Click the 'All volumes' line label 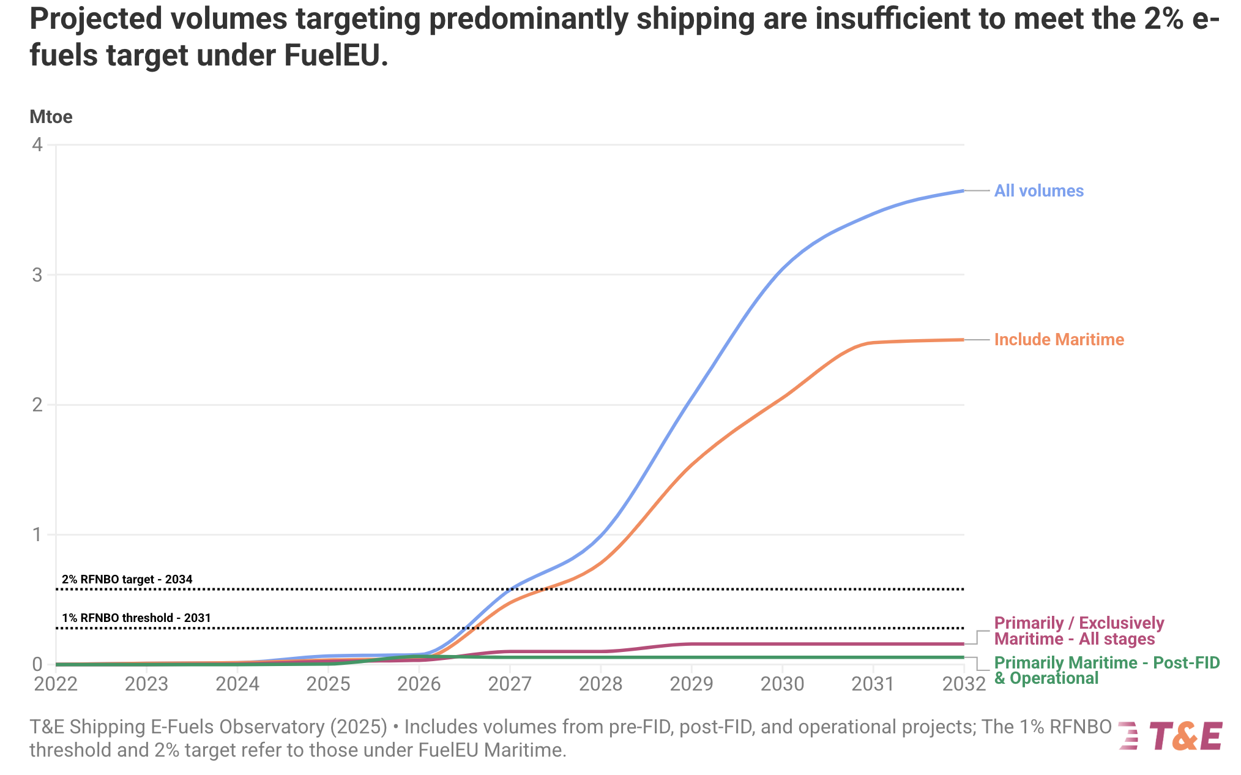click(x=1038, y=191)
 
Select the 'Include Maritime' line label click(x=1059, y=340)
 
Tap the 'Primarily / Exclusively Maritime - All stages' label click(x=1078, y=631)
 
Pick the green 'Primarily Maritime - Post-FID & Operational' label click(x=1106, y=670)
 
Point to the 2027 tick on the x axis click(x=510, y=684)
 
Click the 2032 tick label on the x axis click(x=964, y=684)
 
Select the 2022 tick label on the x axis click(x=56, y=684)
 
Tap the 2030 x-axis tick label click(x=782, y=684)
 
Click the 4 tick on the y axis click(x=38, y=145)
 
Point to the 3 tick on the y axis click(x=38, y=275)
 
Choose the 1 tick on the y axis click(x=38, y=534)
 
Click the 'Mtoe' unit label click(x=51, y=117)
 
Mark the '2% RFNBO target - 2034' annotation click(x=127, y=579)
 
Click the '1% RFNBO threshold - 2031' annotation click(x=136, y=618)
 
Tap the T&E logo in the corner click(x=1171, y=736)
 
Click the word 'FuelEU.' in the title click(x=336, y=56)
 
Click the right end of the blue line click(x=963, y=191)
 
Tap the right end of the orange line click(x=963, y=340)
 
